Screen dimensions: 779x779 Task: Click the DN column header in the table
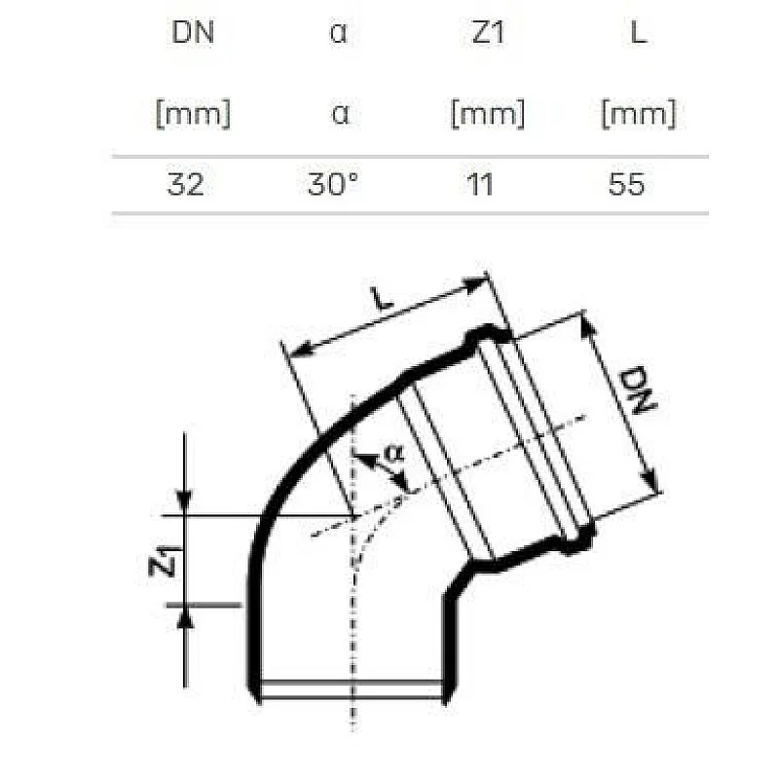pos(192,33)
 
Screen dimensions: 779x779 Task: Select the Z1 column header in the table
pos(487,33)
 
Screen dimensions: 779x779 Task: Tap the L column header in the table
pos(638,33)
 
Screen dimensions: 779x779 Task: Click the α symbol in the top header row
pos(339,33)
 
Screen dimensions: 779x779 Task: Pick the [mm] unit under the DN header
pos(193,114)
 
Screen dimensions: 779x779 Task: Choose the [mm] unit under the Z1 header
pos(487,114)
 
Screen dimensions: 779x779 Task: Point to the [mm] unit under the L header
pos(638,114)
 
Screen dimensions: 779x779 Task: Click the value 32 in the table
pos(185,184)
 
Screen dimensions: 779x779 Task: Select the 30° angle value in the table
pos(333,184)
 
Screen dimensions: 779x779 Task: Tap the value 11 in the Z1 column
pos(479,184)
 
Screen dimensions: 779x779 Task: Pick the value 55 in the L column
pos(626,184)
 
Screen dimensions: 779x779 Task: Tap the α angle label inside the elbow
pos(393,453)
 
